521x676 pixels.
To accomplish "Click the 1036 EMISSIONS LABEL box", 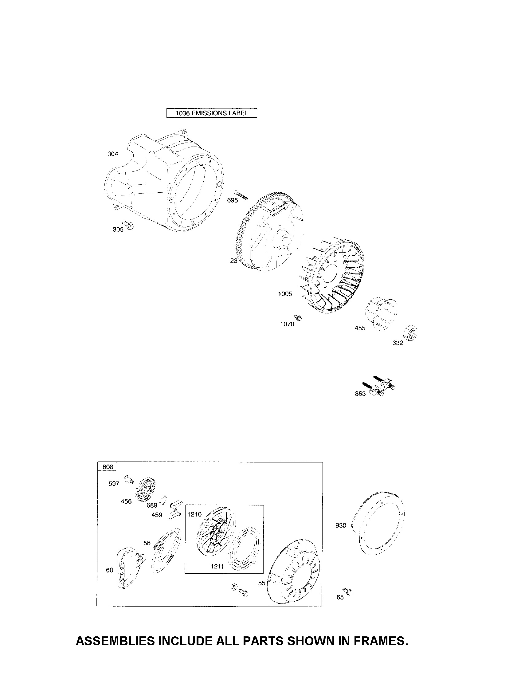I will pos(212,113).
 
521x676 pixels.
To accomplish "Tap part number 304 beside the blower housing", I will pos(113,154).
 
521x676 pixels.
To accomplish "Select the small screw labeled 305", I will pos(128,225).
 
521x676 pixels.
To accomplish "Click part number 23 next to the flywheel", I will pos(233,261).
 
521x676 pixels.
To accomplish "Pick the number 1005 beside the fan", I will pos(285,294).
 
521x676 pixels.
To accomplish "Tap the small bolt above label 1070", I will pos(299,317).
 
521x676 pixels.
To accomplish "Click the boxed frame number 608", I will pos(108,467).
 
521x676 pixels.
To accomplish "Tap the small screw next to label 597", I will pos(128,480).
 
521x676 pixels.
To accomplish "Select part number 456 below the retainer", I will pos(126,501).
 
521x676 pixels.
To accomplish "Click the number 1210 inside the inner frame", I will pos(194,514).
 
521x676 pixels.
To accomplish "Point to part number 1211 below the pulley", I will pos(217,566).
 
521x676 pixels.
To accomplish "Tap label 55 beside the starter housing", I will pos(262,583).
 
